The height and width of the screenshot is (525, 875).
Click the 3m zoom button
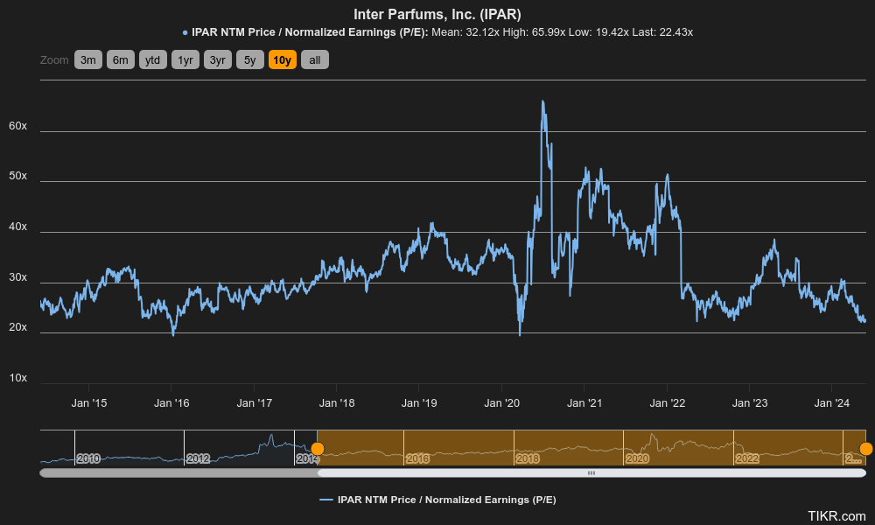coord(88,60)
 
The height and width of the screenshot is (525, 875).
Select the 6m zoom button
coord(121,60)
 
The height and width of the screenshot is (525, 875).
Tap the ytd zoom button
coord(153,60)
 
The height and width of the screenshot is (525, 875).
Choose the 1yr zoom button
coord(185,60)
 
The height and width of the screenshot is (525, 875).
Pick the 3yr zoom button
coord(218,60)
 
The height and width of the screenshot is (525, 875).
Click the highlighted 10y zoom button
coord(283,60)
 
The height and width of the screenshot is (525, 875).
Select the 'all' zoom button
coord(315,60)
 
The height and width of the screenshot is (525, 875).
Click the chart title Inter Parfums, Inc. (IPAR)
coord(437,14)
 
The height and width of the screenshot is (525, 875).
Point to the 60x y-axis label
coord(17,126)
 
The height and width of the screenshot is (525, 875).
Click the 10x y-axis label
coord(17,378)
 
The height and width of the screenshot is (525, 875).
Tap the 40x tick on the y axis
coord(17,227)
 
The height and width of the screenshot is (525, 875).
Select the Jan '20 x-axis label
coord(501,403)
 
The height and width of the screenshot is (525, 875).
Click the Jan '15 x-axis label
coord(88,403)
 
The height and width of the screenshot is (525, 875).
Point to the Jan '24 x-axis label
coord(832,403)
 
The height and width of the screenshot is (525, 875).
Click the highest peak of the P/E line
coord(542,101)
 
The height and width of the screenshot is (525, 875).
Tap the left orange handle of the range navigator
coord(318,449)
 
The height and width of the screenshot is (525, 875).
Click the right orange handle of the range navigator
coord(865,449)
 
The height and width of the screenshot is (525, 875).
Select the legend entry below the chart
coord(437,500)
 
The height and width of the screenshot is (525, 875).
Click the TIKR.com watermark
coord(836,516)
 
